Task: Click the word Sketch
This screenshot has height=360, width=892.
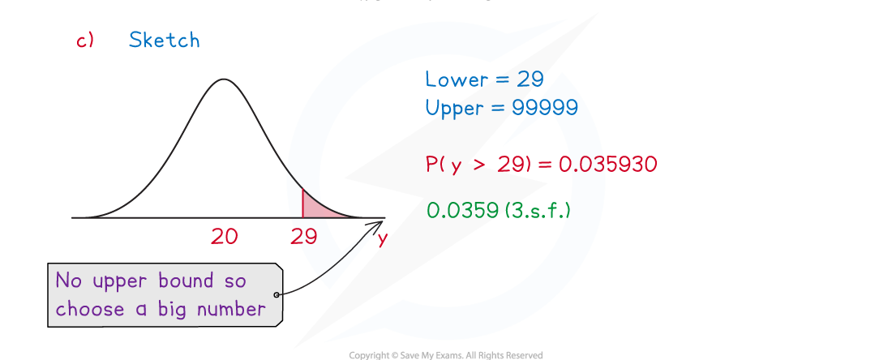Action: pos(164,40)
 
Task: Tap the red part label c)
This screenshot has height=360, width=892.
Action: pos(85,41)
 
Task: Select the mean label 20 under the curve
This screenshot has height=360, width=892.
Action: pos(224,236)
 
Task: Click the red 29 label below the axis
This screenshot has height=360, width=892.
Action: pos(303,236)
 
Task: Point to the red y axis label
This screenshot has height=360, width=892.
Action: pos(382,238)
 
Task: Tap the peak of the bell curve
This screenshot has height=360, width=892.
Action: pos(224,79)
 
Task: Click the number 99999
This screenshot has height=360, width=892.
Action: pos(544,108)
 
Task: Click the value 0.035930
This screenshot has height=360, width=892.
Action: pos(607,165)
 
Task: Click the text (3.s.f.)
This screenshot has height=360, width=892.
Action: pos(537,211)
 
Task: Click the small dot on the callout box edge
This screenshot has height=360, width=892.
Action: pos(277,294)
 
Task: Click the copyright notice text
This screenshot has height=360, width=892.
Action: pos(445,355)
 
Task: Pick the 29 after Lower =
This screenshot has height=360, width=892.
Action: pos(530,79)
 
